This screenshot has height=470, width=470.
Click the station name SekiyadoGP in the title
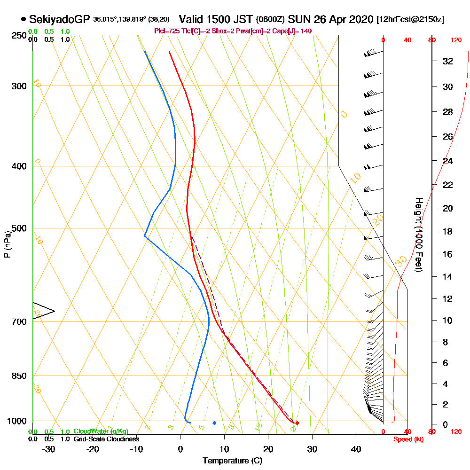coord(60,19)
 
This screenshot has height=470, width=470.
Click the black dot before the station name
coord(23,19)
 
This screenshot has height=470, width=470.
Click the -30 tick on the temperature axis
coord(49,449)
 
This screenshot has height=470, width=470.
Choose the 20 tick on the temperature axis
coord(268,449)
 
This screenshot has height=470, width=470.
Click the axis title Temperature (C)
coord(232,461)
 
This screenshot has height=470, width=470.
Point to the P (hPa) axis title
coord(7,244)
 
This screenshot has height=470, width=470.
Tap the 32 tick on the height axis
coord(447,61)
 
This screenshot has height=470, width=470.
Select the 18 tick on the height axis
coord(447,231)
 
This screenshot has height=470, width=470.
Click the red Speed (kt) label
coord(407,439)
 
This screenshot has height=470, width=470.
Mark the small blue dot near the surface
coord(214,423)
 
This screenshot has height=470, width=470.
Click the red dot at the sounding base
coord(297,423)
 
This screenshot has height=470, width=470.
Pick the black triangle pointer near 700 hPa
coord(42,311)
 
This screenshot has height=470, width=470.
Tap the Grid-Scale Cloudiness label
coord(106,439)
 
